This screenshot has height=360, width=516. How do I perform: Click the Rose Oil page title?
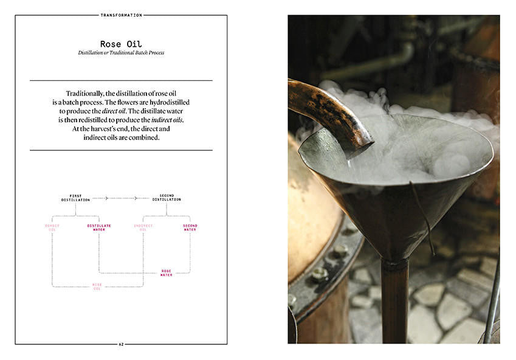pyautogui.click(x=121, y=44)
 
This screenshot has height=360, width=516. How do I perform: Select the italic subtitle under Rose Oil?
pyautogui.click(x=121, y=53)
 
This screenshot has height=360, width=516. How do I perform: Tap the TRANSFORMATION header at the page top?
pyautogui.click(x=121, y=15)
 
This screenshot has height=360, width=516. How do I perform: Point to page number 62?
pyautogui.click(x=121, y=344)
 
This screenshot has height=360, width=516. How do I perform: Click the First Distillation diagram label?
pyautogui.click(x=75, y=198)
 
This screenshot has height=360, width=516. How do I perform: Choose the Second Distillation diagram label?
pyautogui.click(x=167, y=198)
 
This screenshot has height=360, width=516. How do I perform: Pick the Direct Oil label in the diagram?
pyautogui.click(x=52, y=227)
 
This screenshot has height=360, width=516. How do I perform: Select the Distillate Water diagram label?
pyautogui.click(x=99, y=227)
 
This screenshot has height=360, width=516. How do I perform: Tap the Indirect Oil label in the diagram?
pyautogui.click(x=143, y=227)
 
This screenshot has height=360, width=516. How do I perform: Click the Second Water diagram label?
pyautogui.click(x=190, y=227)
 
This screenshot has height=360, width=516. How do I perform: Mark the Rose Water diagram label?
pyautogui.click(x=166, y=273)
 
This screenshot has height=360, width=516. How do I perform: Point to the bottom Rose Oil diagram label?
pyautogui.click(x=97, y=286)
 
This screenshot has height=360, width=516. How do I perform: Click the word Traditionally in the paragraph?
pyautogui.click(x=86, y=93)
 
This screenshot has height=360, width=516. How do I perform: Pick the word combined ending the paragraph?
pyautogui.click(x=143, y=138)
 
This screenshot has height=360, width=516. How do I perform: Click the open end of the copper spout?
pyautogui.click(x=363, y=147)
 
